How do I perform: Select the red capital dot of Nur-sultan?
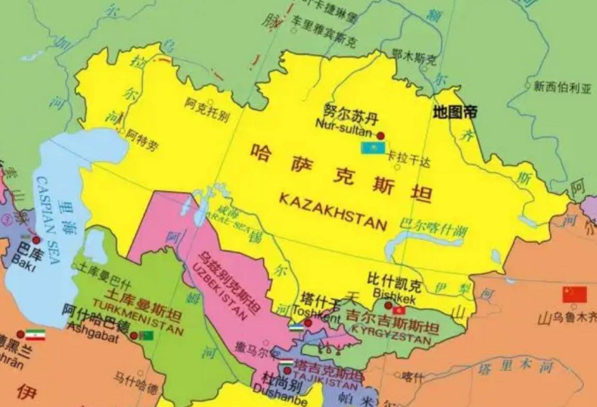(381, 136)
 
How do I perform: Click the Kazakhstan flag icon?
(372, 148)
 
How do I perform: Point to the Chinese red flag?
(575, 295)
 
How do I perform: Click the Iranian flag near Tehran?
(35, 335)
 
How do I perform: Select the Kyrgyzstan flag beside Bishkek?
(398, 310)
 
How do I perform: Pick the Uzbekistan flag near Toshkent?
(296, 327)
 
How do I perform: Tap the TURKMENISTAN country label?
(138, 317)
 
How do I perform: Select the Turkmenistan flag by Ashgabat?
(146, 336)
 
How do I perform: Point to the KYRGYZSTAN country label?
(391, 335)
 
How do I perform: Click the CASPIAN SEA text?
(49, 220)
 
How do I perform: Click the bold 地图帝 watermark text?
(455, 112)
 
